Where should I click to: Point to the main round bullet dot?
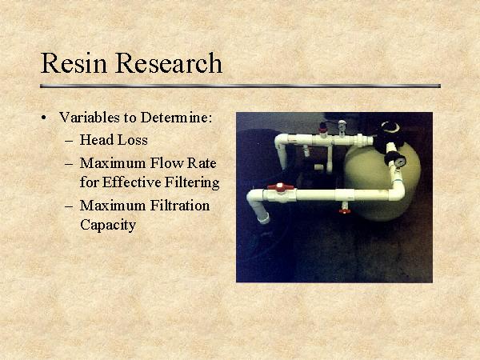[44, 118]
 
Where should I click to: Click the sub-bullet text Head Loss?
[114, 140]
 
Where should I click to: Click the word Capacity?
[108, 225]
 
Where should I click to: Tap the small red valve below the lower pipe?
[345, 210]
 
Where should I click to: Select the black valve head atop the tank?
[391, 129]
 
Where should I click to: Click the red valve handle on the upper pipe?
[323, 127]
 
